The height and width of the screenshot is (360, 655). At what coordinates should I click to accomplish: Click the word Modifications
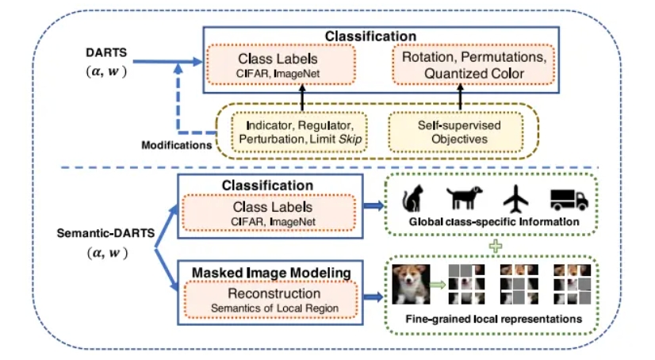point(175,146)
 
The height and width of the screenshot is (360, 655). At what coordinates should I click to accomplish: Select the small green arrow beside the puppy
point(439,284)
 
